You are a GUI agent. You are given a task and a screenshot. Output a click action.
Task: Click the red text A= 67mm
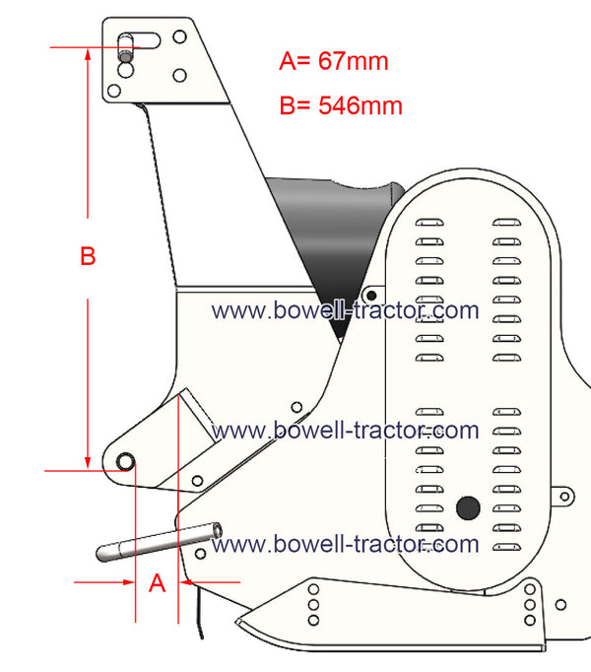[x=334, y=61]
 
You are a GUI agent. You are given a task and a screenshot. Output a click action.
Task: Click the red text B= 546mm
[x=341, y=105]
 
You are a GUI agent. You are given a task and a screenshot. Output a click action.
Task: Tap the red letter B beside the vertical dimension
[x=88, y=256]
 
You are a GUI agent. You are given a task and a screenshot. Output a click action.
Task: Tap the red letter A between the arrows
[x=157, y=583]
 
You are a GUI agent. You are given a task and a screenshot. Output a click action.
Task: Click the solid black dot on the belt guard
[x=468, y=507]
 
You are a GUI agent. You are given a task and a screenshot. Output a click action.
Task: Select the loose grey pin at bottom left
[x=159, y=542]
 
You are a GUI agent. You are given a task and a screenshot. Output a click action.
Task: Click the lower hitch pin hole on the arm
[x=125, y=462]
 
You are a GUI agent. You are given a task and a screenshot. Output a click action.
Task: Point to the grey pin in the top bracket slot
[x=125, y=48]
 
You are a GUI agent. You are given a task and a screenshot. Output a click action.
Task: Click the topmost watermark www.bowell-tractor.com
[x=345, y=310]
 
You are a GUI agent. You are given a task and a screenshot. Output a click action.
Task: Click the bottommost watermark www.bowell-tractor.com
[x=345, y=544]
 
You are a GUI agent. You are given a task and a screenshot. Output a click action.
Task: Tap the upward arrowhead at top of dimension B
[x=88, y=56]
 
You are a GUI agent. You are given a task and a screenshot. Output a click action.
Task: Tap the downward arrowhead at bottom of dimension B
[x=88, y=462]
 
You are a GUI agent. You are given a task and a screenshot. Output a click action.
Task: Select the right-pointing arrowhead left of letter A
[x=128, y=582]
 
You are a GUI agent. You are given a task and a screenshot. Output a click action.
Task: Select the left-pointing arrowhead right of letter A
[x=186, y=582]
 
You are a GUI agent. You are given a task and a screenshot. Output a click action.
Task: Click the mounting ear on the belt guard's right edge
[x=563, y=497]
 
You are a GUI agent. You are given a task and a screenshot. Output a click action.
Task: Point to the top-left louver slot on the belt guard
[x=429, y=222]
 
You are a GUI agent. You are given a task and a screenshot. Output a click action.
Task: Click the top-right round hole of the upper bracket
[x=179, y=36]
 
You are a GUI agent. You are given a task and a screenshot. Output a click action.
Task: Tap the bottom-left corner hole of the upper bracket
[x=114, y=91]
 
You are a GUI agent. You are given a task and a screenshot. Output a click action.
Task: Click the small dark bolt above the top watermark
[x=371, y=295]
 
